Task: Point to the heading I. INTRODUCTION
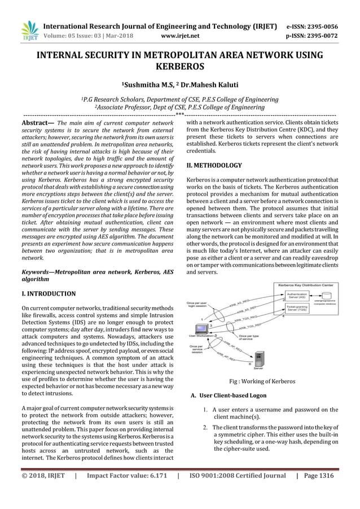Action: (48, 294)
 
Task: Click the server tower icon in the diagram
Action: (259, 357)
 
